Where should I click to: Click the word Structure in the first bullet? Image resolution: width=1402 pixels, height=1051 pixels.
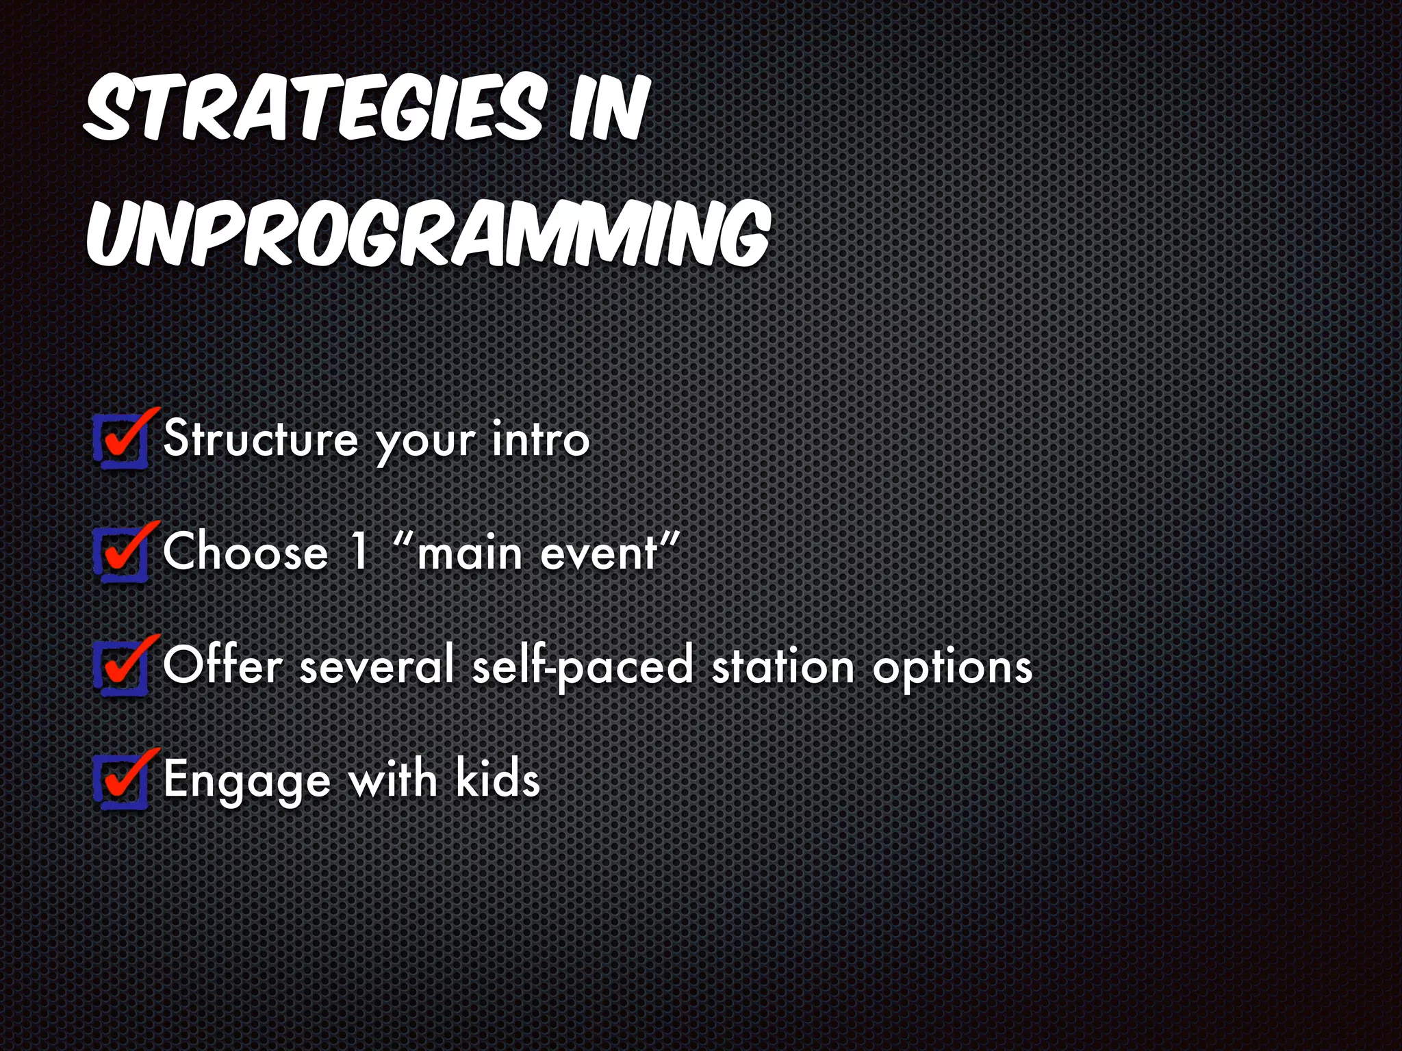click(261, 439)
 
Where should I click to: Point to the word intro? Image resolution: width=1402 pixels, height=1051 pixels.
click(540, 439)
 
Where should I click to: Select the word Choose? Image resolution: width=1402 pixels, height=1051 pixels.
click(245, 552)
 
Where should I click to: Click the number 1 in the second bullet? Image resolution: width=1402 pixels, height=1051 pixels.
click(360, 551)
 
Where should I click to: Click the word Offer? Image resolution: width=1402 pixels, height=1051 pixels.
click(222, 664)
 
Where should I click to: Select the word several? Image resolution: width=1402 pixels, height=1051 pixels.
click(377, 666)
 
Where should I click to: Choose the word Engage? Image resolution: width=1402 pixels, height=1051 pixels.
click(247, 781)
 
